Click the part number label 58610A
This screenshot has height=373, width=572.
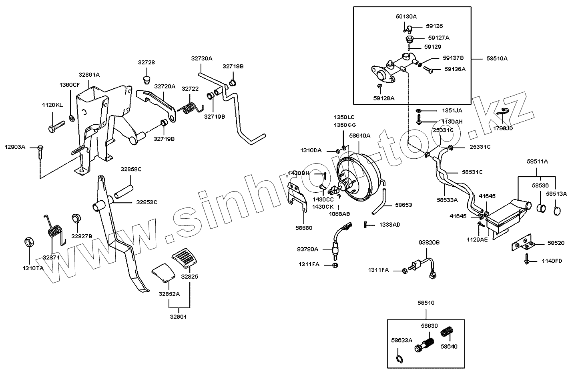[x=359, y=136]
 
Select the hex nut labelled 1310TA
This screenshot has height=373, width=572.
[x=29, y=242]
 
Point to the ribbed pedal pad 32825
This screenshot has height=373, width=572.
[x=185, y=258]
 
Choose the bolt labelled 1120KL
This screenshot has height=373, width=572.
[x=56, y=127]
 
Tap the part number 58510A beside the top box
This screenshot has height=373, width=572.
[x=497, y=58]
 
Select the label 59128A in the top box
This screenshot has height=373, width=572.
[x=384, y=97]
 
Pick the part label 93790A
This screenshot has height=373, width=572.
[x=307, y=249]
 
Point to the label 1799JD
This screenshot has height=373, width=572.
[x=503, y=129]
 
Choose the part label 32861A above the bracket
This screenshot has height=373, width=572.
[x=89, y=74]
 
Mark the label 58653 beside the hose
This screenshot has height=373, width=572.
[x=403, y=205]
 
